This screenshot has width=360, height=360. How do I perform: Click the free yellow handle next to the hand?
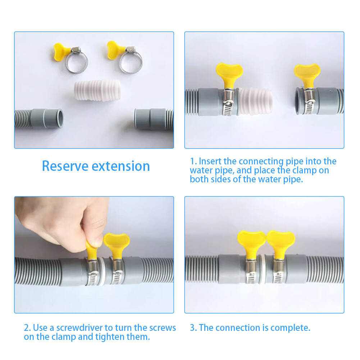coord(117,242)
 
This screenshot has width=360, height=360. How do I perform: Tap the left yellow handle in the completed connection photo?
coord(251,240)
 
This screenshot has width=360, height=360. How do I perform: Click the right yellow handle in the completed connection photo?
coord(281,241)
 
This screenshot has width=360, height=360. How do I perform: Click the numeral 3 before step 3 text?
coord(192,328)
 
